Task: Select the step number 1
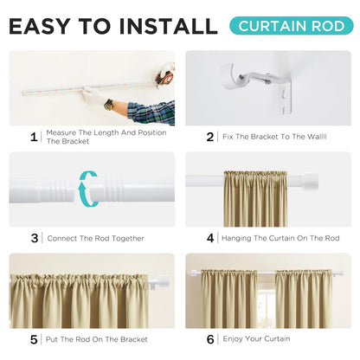tap(34, 136)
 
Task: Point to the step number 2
tap(209, 136)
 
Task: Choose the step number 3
tap(34, 237)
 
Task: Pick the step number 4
tap(209, 237)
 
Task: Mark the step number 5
tap(34, 338)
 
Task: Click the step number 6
tap(209, 338)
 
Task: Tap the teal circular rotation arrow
tap(87, 190)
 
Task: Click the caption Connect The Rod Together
tap(95, 238)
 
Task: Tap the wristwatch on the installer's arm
tap(109, 104)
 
